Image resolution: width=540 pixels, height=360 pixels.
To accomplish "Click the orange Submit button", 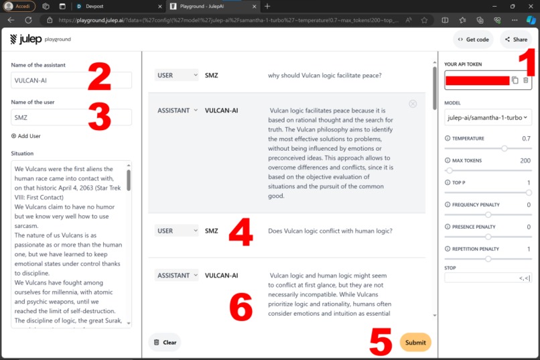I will click(415, 343).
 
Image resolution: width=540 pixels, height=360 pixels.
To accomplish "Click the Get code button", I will click(473, 40).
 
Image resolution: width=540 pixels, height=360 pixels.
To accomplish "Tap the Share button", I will click(516, 40).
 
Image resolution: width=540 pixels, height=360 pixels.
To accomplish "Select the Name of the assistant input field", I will click(71, 80).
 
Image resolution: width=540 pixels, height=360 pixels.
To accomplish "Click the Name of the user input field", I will click(71, 117).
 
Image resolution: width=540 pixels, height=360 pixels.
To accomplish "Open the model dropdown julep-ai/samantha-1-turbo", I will click(488, 117).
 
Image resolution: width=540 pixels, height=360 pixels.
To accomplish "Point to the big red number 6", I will click(241, 308).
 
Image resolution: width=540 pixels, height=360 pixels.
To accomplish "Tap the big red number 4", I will click(241, 231).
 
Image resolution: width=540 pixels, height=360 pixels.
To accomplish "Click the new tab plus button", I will click(267, 6).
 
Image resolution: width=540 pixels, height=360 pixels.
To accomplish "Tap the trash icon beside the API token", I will click(526, 80).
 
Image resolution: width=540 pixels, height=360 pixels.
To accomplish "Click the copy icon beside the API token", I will click(515, 80).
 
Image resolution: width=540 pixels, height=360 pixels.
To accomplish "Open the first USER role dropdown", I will click(176, 76).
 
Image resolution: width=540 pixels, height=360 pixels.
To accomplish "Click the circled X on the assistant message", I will click(413, 104).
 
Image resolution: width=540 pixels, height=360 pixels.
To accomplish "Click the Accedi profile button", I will click(19, 6).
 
